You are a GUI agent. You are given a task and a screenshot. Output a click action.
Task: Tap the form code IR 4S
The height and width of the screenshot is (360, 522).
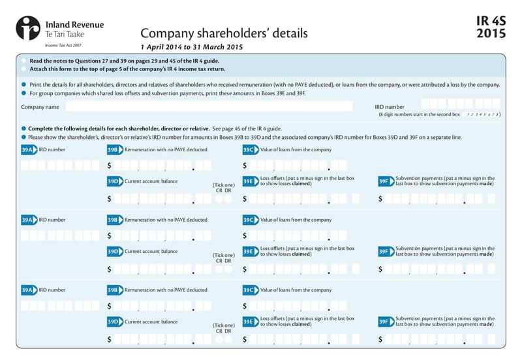tap(491, 22)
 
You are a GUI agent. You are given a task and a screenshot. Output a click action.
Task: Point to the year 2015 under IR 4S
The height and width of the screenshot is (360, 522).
tap(491, 34)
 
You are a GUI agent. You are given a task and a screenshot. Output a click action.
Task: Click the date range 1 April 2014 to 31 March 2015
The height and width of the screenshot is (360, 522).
tap(192, 47)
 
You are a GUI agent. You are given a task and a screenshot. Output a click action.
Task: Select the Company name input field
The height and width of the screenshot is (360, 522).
tap(209, 106)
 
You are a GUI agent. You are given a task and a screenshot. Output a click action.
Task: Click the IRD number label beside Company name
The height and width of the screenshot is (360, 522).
tap(390, 106)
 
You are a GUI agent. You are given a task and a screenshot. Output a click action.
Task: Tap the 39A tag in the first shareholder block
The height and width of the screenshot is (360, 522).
tap(29, 149)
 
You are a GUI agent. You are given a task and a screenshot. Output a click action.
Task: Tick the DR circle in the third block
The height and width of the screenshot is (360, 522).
tap(228, 339)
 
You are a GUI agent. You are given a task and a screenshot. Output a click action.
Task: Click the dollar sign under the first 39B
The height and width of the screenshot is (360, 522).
tap(110, 166)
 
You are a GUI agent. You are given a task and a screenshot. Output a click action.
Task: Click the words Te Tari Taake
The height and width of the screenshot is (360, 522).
tap(65, 34)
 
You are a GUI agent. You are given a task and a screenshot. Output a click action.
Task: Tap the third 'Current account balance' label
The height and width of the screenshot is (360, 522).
tap(151, 322)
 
